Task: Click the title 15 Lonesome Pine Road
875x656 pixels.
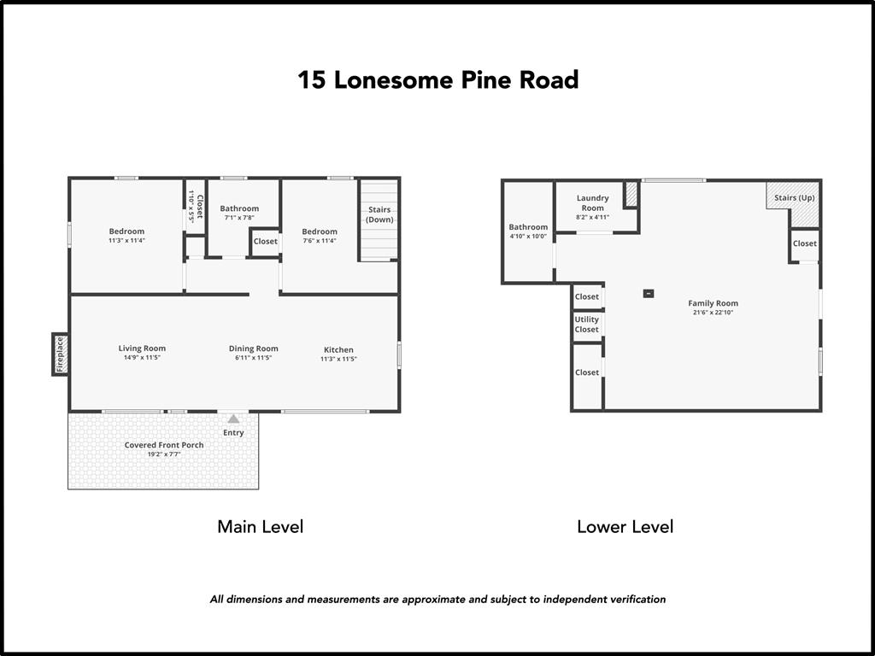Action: (437, 79)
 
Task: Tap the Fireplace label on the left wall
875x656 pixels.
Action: (60, 354)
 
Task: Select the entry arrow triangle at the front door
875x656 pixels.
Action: (233, 419)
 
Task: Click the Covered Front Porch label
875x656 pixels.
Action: (164, 445)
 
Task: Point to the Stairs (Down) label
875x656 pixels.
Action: (379, 214)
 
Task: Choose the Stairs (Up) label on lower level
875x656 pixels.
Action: (795, 198)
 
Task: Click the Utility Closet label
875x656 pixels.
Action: (587, 325)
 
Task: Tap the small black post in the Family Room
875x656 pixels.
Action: (649, 294)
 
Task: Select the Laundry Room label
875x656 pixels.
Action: (592, 202)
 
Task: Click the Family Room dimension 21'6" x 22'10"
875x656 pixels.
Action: (713, 313)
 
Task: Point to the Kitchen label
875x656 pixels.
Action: (338, 349)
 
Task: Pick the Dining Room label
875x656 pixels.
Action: (253, 348)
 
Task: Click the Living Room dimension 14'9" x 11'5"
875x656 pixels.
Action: (142, 357)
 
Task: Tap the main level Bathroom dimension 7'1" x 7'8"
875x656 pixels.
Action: (239, 218)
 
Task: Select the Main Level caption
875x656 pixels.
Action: (260, 526)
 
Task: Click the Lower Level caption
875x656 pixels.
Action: (625, 526)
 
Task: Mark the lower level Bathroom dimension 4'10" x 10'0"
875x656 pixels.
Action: (528, 237)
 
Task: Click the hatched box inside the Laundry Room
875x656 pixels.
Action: (631, 194)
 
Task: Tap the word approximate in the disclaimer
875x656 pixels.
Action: (429, 599)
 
